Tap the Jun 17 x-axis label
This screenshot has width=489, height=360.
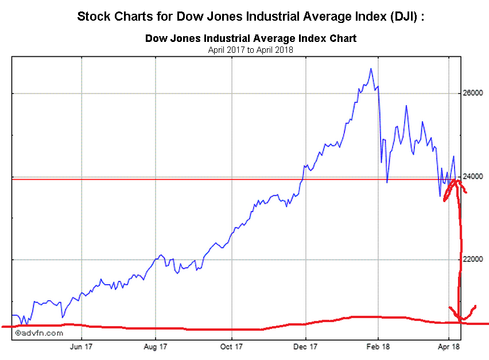(81, 346)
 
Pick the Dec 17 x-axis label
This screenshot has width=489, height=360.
(305, 346)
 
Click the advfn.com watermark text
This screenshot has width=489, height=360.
(39, 332)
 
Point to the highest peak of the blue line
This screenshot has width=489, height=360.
(371, 69)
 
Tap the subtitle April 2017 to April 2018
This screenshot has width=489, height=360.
(251, 50)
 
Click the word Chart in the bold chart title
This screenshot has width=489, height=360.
(343, 39)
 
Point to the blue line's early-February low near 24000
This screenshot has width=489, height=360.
(387, 182)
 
